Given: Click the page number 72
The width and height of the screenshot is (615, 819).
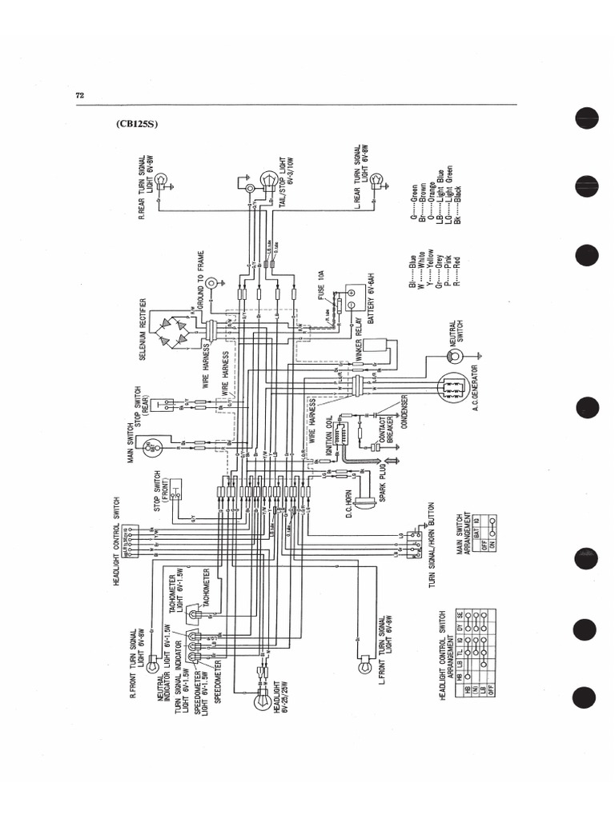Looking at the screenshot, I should (80, 95).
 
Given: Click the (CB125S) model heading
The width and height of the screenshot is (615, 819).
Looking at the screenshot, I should (138, 125).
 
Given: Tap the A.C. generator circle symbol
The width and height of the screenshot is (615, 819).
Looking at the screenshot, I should (452, 388).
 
